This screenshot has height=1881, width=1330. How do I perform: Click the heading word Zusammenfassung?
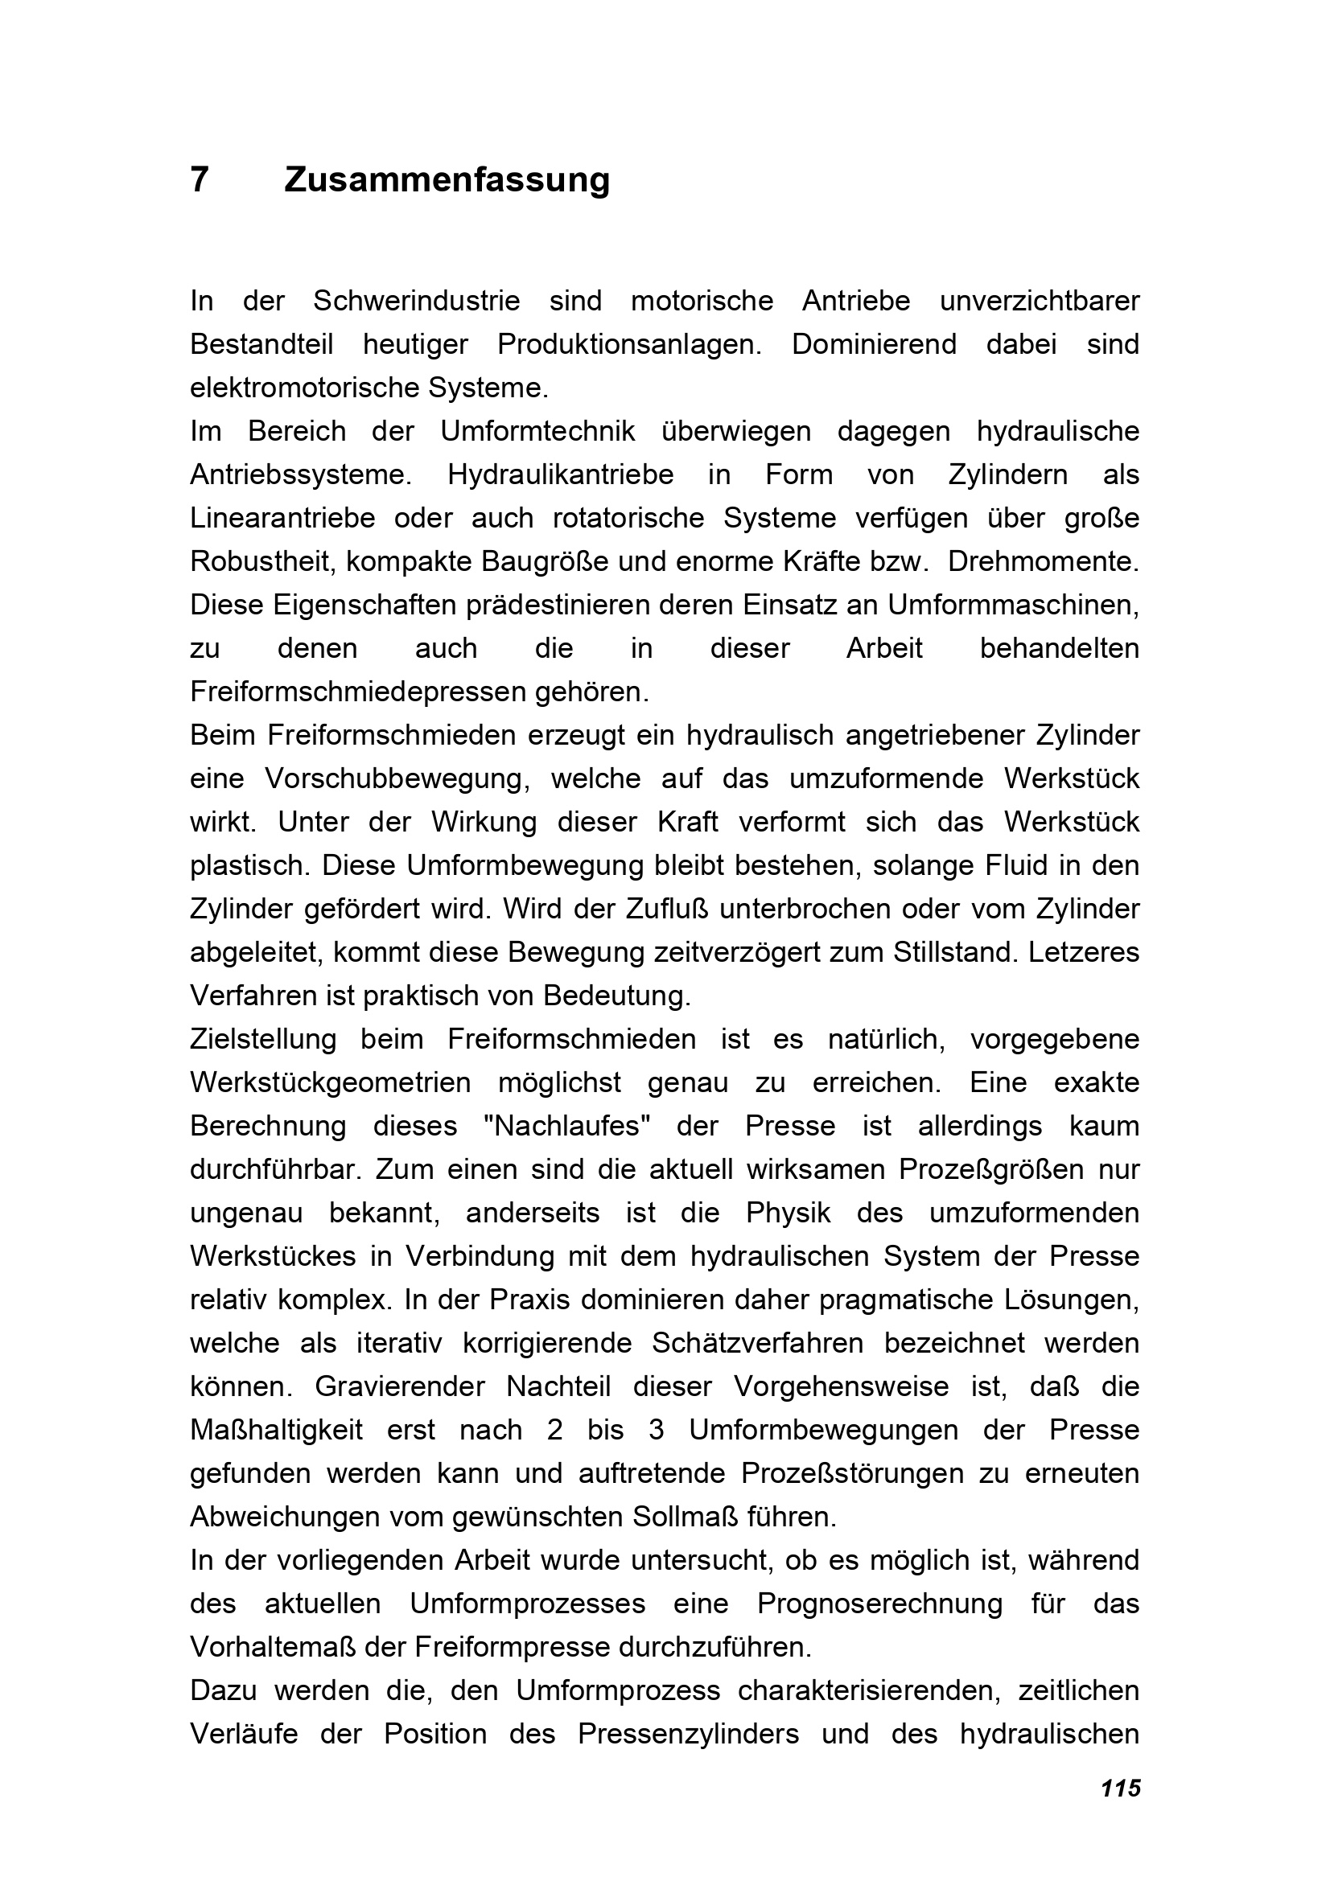(x=447, y=179)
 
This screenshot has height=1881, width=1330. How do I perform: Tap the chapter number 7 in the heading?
(x=199, y=179)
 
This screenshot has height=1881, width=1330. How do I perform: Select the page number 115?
(x=1120, y=1789)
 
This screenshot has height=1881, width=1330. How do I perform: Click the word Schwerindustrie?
(x=416, y=302)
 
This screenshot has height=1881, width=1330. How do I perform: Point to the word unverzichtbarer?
(x=1039, y=302)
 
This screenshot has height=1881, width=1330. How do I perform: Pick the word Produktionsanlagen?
(x=629, y=345)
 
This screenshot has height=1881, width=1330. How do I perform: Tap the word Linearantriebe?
(x=282, y=519)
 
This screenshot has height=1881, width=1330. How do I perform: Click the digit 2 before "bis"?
(x=555, y=1431)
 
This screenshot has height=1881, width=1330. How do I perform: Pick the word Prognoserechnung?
(x=879, y=1604)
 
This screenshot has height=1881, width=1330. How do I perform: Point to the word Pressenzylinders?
(x=688, y=1735)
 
